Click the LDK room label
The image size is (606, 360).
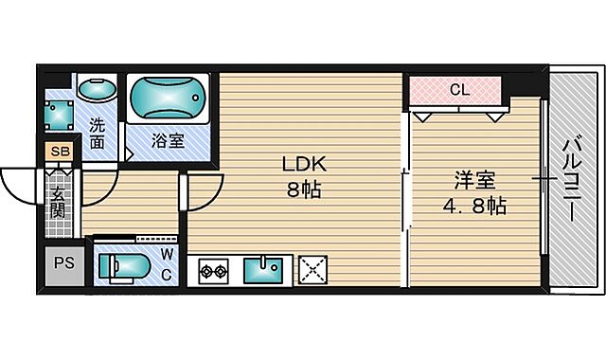302,162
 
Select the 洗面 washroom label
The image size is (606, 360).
98,134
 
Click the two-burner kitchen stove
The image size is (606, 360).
212,272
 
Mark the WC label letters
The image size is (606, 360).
166,264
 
